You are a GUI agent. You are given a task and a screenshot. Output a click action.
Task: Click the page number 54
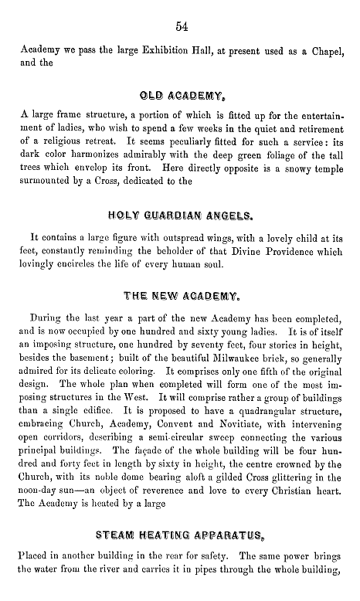(x=182, y=27)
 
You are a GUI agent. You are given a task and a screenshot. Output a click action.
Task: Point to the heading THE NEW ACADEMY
(x=180, y=295)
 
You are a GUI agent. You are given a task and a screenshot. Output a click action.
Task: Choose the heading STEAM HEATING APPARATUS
(x=180, y=534)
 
